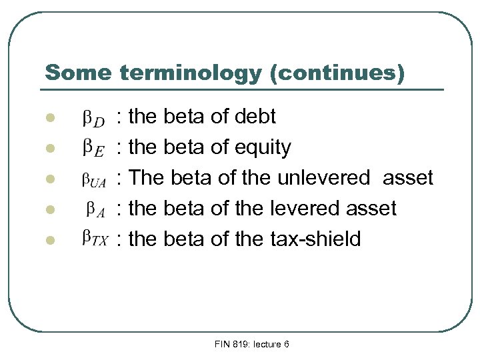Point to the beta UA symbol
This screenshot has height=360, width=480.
coord(93,179)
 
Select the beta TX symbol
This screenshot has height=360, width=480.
coord(94,238)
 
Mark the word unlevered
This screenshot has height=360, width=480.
coord(323,178)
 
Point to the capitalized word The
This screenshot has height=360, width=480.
coord(147,178)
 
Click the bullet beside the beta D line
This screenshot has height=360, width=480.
coord(48,119)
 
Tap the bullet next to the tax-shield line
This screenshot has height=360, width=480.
coord(48,239)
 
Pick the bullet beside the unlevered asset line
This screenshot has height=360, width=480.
coord(48,179)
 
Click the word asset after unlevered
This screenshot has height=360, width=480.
coord(408,178)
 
